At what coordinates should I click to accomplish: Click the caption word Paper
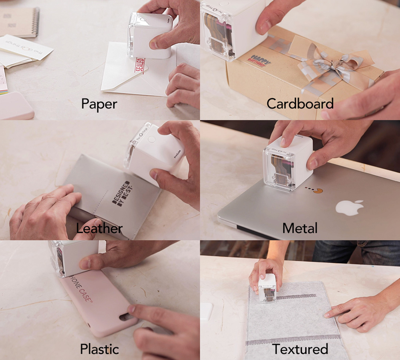click(x=99, y=104)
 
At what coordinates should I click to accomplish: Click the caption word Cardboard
click(x=300, y=104)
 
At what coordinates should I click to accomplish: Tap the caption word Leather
click(x=99, y=228)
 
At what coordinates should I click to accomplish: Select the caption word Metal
click(x=300, y=228)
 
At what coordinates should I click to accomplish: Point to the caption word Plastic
click(x=99, y=349)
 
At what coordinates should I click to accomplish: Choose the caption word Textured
click(x=300, y=349)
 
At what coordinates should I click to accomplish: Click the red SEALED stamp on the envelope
click(x=139, y=68)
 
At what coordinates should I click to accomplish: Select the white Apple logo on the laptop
click(x=349, y=207)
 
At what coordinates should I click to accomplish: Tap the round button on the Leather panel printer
click(x=152, y=139)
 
